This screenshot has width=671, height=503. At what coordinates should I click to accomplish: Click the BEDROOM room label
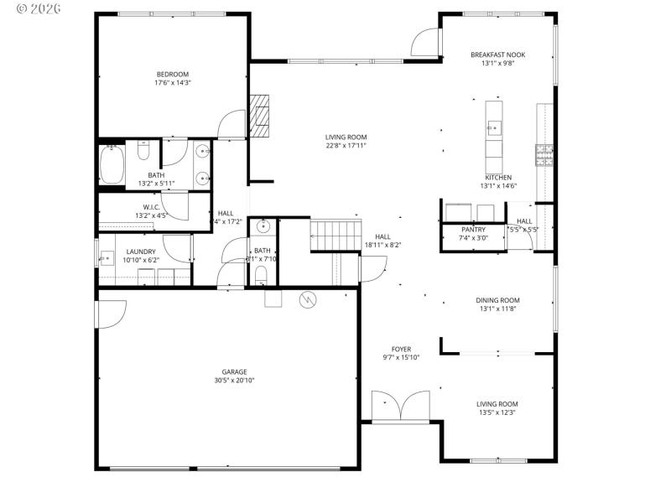(x=172, y=74)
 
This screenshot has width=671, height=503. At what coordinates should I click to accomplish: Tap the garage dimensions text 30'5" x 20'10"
(x=234, y=380)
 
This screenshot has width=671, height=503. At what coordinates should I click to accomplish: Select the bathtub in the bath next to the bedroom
(x=112, y=163)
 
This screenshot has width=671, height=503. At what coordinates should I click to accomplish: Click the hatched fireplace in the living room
(x=260, y=115)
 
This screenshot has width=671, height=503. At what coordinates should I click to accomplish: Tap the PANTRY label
(x=473, y=230)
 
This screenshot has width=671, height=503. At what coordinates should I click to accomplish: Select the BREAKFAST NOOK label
(x=497, y=54)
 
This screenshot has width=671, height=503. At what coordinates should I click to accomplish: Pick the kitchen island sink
(x=494, y=128)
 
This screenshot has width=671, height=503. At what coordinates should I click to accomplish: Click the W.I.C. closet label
(x=151, y=206)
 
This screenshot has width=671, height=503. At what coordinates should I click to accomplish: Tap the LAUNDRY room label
(x=141, y=251)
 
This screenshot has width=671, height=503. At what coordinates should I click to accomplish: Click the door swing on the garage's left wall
(x=109, y=314)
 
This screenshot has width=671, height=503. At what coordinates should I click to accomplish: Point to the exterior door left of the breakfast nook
(x=424, y=42)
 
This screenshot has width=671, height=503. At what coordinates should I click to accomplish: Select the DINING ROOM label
(x=497, y=300)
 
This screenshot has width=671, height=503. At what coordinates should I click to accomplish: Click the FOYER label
(x=401, y=349)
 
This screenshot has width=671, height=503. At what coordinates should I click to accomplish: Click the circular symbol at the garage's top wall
(x=307, y=298)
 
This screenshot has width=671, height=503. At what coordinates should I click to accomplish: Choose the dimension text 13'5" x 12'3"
(x=497, y=412)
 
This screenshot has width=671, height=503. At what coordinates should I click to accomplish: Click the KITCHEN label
(x=497, y=178)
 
